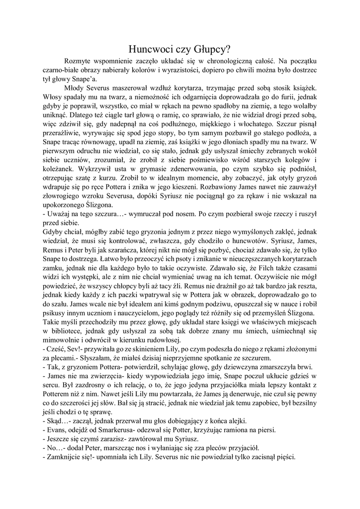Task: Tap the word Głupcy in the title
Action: (x=213, y=49)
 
